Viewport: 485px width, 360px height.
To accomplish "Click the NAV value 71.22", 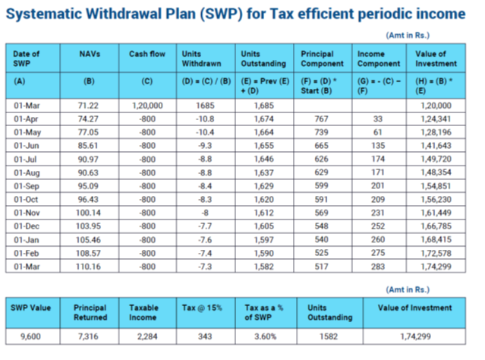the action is coord(88,106).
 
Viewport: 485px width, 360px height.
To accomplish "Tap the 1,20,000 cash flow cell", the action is coord(147,106).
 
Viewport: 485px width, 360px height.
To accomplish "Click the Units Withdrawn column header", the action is coord(201,58).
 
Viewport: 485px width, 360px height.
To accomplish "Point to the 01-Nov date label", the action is coord(27,213).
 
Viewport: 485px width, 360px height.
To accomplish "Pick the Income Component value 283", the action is coord(378,267).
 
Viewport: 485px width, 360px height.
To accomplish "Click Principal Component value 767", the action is coord(321,119).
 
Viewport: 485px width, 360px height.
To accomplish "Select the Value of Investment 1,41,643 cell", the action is coord(436,146).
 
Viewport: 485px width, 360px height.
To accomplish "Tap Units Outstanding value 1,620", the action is coord(264,199).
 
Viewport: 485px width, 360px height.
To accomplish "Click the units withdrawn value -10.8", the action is coord(205,119).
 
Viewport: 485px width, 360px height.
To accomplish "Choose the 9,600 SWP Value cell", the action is coord(30,336).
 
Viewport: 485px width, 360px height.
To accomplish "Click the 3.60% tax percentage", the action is coord(266,336).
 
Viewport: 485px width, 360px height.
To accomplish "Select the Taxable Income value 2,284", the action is coord(147,336).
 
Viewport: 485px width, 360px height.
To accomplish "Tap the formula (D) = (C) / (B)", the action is coord(206,81).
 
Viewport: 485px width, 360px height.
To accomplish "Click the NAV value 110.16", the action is coord(88,267).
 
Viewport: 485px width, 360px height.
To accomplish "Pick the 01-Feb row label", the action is coord(27,253).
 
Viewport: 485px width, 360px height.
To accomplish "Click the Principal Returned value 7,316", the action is coord(88,336).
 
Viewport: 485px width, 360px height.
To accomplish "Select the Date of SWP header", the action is coord(27,58).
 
